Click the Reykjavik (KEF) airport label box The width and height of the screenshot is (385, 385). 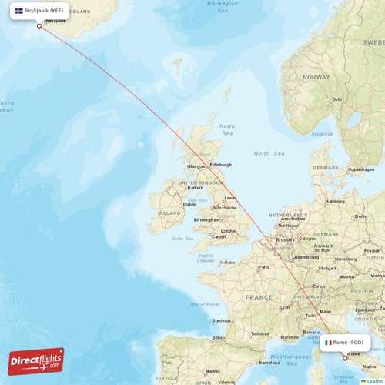point(38,11)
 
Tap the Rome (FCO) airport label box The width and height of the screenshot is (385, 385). point(346,342)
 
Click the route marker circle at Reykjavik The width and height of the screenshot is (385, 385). point(39,26)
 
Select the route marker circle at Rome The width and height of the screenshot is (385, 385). point(345,357)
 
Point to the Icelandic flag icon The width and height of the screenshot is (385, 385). point(19,11)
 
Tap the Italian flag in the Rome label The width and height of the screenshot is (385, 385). point(328,342)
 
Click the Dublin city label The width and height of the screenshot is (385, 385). point(189,204)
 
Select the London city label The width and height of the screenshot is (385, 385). point(229,231)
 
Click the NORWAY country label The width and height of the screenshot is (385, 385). point(316,78)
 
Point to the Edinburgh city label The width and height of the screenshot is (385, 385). point(221,165)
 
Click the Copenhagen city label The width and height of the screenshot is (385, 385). point(361,169)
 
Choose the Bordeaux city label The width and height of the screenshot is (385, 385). point(223,320)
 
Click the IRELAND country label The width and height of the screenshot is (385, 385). point(169,213)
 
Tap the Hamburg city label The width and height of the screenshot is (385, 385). point(335,201)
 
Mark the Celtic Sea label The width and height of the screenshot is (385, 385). point(182,239)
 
